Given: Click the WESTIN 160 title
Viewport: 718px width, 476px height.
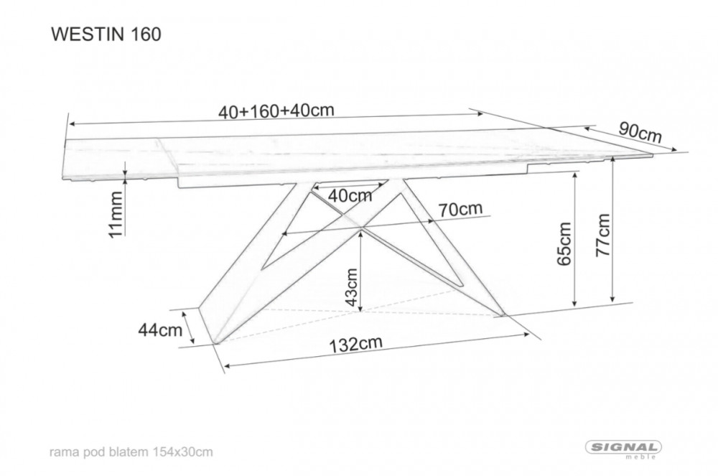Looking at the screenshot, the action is (x=106, y=34).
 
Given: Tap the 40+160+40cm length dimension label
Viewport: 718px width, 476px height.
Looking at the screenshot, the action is (x=276, y=111).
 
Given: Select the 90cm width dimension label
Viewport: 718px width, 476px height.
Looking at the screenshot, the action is (x=640, y=132).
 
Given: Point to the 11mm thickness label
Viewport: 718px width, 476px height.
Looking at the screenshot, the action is (x=116, y=214).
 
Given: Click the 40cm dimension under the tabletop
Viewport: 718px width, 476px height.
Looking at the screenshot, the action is (x=350, y=196).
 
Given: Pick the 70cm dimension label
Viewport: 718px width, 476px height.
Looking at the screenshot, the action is (x=460, y=209).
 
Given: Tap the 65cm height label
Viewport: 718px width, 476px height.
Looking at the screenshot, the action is (x=564, y=243).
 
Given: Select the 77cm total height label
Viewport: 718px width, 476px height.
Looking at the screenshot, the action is (x=603, y=235).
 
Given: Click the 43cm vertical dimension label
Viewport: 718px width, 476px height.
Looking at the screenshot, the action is (x=351, y=287).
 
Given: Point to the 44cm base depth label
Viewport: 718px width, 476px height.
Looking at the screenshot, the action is (x=160, y=330).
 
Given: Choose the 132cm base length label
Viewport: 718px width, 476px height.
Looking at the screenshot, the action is (x=356, y=344).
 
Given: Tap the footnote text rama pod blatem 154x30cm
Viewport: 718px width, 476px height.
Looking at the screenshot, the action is (x=131, y=452).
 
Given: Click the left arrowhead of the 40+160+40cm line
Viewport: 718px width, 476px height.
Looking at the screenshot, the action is (x=70, y=123).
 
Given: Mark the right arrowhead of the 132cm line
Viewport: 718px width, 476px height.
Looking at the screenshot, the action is (x=526, y=335).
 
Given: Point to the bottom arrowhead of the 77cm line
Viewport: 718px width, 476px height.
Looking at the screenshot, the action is (x=613, y=299).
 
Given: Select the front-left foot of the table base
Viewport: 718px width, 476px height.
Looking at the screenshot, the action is (x=217, y=341).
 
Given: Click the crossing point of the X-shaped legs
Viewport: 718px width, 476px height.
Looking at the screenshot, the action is (x=361, y=227).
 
